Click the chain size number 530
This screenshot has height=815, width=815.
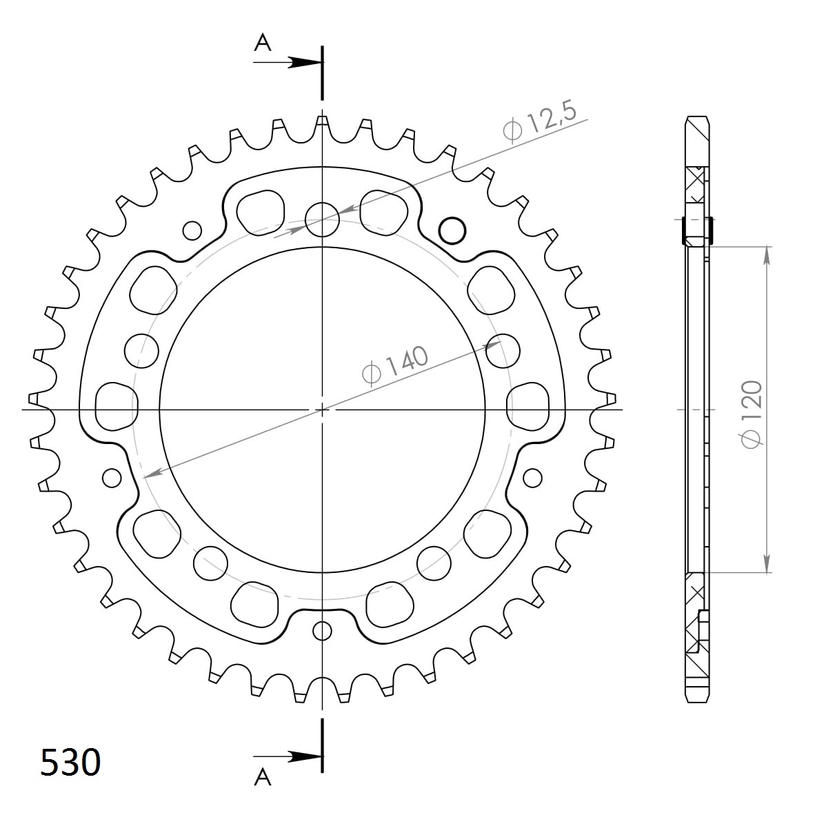[70, 763]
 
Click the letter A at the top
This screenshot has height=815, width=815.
[263, 43]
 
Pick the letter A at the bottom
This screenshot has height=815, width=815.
[263, 778]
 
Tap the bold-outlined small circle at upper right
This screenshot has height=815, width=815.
[452, 230]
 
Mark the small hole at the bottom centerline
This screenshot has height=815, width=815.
[322, 630]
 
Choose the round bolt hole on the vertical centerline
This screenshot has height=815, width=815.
[322, 219]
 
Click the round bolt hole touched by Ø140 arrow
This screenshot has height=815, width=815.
[502, 352]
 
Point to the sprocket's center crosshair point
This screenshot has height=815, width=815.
[322, 410]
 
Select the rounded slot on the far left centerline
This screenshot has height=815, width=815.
[115, 407]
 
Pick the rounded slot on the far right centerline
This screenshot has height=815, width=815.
[528, 407]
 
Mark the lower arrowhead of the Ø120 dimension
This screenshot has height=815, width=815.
[765, 564]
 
